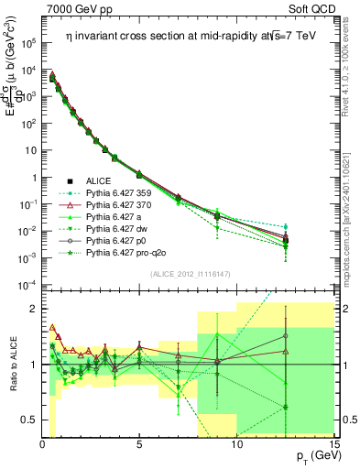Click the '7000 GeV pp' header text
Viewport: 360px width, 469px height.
(x=76, y=8)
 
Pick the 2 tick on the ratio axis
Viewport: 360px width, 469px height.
(x=32, y=309)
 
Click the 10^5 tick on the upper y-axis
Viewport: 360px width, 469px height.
(x=27, y=42)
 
